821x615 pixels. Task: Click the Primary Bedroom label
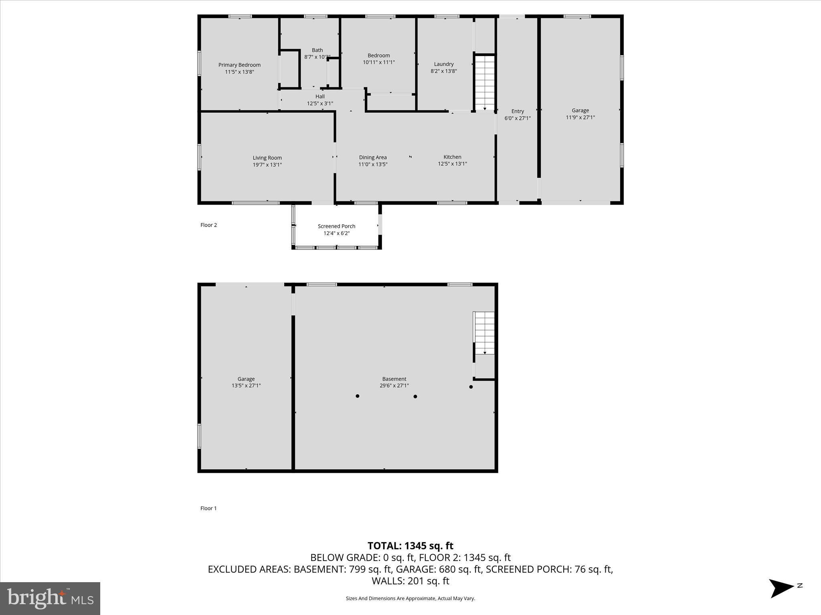[239, 65]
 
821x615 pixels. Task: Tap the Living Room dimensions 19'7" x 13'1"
[267, 165]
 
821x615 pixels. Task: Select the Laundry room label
[444, 64]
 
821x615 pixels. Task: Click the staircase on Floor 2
[485, 82]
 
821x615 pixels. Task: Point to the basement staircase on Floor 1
[484, 333]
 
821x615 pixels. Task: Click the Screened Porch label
[336, 226]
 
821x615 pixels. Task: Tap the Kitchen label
[452, 157]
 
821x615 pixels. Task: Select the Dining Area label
[373, 157]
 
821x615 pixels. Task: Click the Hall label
[320, 96]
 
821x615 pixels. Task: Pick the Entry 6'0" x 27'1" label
[518, 115]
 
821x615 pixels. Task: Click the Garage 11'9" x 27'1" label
[580, 114]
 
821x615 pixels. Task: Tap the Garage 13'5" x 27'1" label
[246, 382]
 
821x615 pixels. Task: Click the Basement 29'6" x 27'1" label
[394, 382]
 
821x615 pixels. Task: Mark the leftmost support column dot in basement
[357, 396]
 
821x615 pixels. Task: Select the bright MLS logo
[50, 599]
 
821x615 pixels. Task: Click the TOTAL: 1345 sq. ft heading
[410, 546]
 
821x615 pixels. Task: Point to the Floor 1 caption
[208, 508]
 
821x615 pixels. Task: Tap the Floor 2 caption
[208, 225]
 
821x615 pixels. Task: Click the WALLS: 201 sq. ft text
[410, 581]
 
